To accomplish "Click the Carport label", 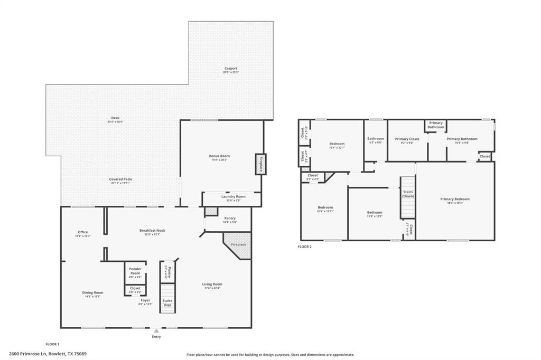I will coord(231,68).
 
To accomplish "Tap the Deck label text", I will coord(115,118).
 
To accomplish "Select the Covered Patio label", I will coord(120,179).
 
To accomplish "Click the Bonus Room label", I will coord(219,156).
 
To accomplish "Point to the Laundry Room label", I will coord(233,196).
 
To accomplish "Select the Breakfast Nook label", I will coord(152,230).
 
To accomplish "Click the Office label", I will coord(82,232).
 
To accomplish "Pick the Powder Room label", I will coord(135,270).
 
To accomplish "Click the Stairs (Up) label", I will coord(167,303).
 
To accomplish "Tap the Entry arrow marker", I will coord(156,331).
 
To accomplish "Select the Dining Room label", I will coord(92,292).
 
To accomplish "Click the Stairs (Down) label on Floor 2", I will coord(408,194).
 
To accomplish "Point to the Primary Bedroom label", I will coord(455,199).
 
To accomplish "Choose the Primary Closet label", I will coord(407,139).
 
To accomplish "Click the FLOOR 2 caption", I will coord(305,247).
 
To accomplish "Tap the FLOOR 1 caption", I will coord(52,344).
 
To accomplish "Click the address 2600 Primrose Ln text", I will coord(48,354).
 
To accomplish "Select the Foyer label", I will coord(145,300).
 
